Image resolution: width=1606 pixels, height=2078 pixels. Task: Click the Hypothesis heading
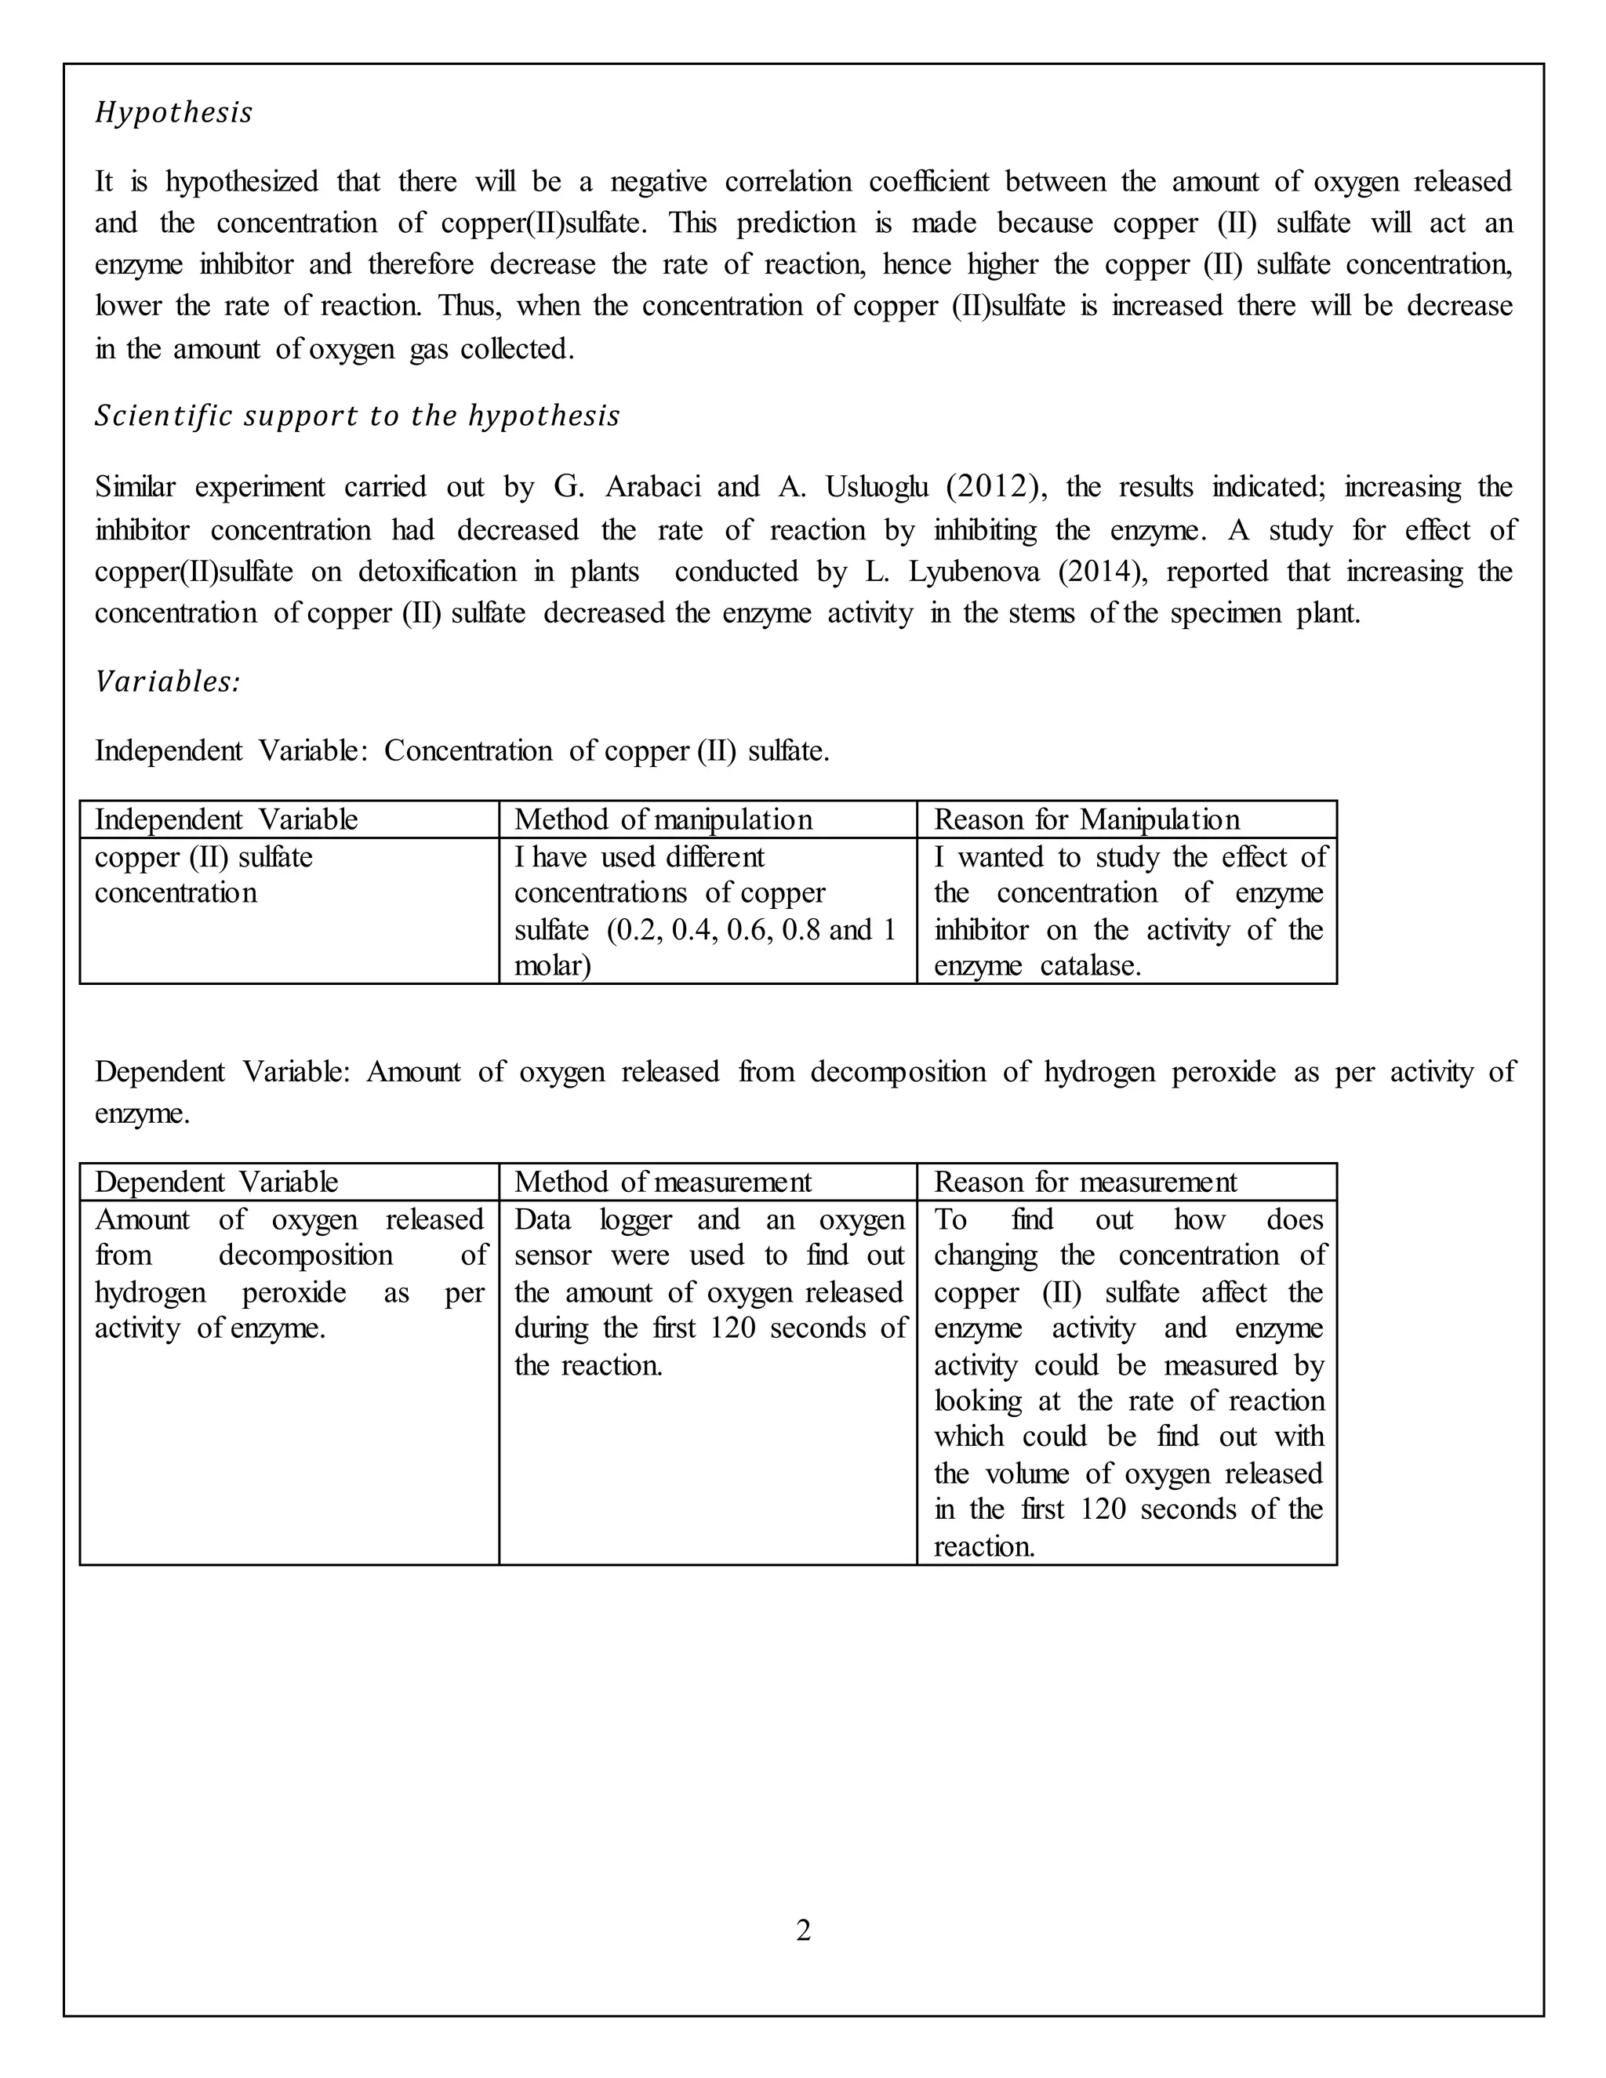point(174,113)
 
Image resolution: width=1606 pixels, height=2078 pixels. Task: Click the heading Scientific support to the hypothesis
point(357,416)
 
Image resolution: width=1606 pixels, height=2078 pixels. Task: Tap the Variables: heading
point(168,682)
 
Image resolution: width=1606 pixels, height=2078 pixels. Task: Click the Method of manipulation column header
point(663,820)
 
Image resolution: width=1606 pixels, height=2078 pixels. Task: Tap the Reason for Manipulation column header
point(1087,820)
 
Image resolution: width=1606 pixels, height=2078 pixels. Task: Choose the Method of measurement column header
point(663,1182)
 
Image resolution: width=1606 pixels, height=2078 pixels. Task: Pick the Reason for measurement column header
point(1085,1182)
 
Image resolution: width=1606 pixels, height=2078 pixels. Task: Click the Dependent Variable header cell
point(216,1182)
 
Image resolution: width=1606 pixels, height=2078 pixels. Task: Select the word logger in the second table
point(635,1220)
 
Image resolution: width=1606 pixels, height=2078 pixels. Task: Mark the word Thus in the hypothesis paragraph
point(461,307)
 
